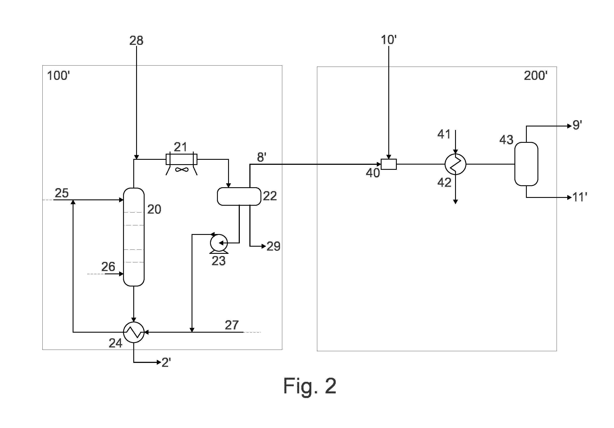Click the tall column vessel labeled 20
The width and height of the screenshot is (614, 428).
click(x=134, y=237)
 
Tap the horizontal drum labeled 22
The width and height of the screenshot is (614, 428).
click(x=239, y=196)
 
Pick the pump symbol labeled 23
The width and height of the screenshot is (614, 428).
click(x=219, y=243)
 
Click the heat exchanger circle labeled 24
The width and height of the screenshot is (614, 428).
click(x=134, y=332)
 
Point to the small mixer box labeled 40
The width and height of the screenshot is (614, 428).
click(x=389, y=164)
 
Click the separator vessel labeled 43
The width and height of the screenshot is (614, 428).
click(x=526, y=164)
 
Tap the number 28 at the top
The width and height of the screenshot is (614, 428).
click(x=136, y=40)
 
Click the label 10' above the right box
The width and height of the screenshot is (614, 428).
click(x=389, y=40)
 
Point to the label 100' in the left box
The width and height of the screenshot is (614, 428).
click(x=58, y=76)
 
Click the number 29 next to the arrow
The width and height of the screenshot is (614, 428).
click(x=274, y=246)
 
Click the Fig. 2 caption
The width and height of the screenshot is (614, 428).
click(x=310, y=386)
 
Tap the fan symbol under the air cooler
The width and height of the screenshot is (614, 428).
click(x=182, y=170)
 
